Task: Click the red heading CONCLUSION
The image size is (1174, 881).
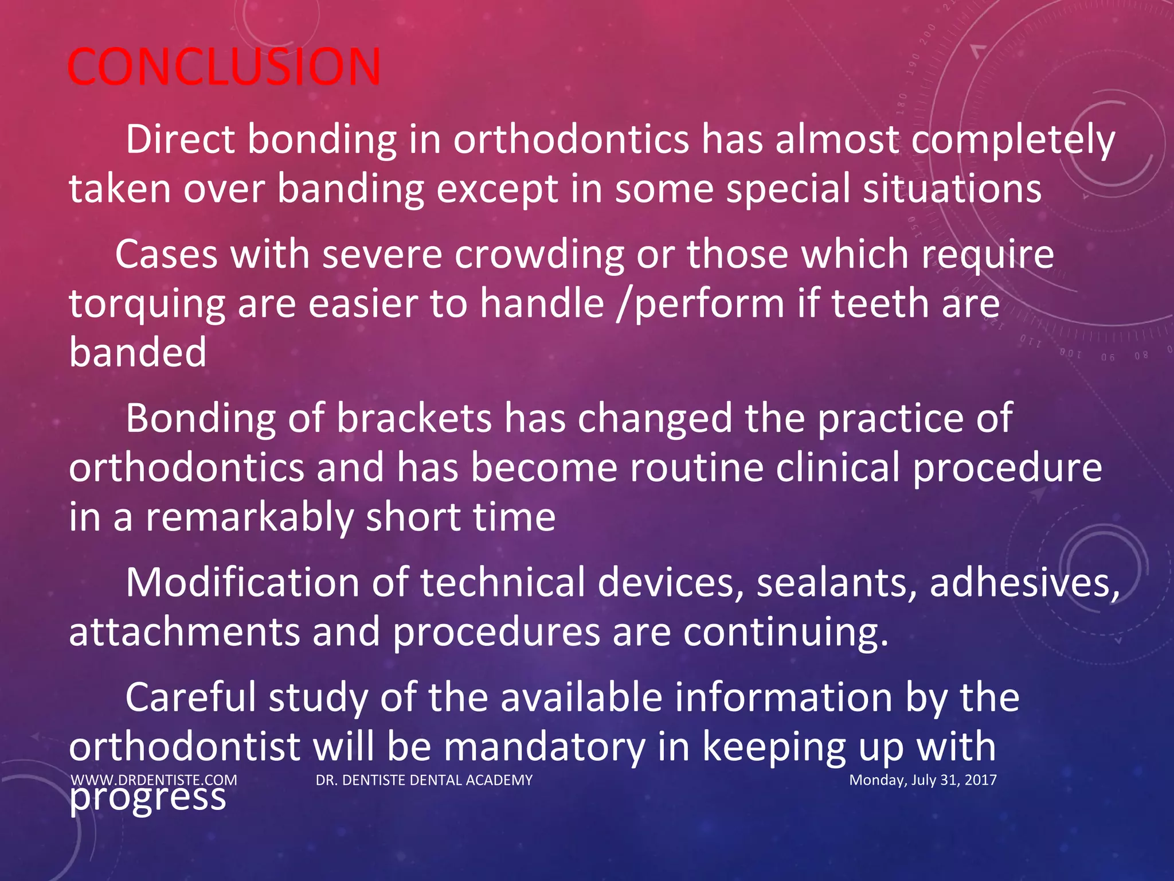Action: (224, 67)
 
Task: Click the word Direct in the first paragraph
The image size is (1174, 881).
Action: (180, 139)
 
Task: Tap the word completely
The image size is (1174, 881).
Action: (1013, 141)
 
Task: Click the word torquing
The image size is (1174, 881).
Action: (147, 305)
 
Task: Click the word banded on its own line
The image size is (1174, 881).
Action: (138, 352)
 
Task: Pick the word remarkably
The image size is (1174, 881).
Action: (249, 517)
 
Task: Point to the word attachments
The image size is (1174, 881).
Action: (184, 632)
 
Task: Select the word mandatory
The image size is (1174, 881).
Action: (543, 747)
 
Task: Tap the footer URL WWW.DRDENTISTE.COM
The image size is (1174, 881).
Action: (154, 780)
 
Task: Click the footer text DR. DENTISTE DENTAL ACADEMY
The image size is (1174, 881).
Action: (424, 780)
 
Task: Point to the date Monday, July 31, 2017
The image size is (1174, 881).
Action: (922, 780)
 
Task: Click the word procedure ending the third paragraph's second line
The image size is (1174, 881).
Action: (1007, 468)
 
